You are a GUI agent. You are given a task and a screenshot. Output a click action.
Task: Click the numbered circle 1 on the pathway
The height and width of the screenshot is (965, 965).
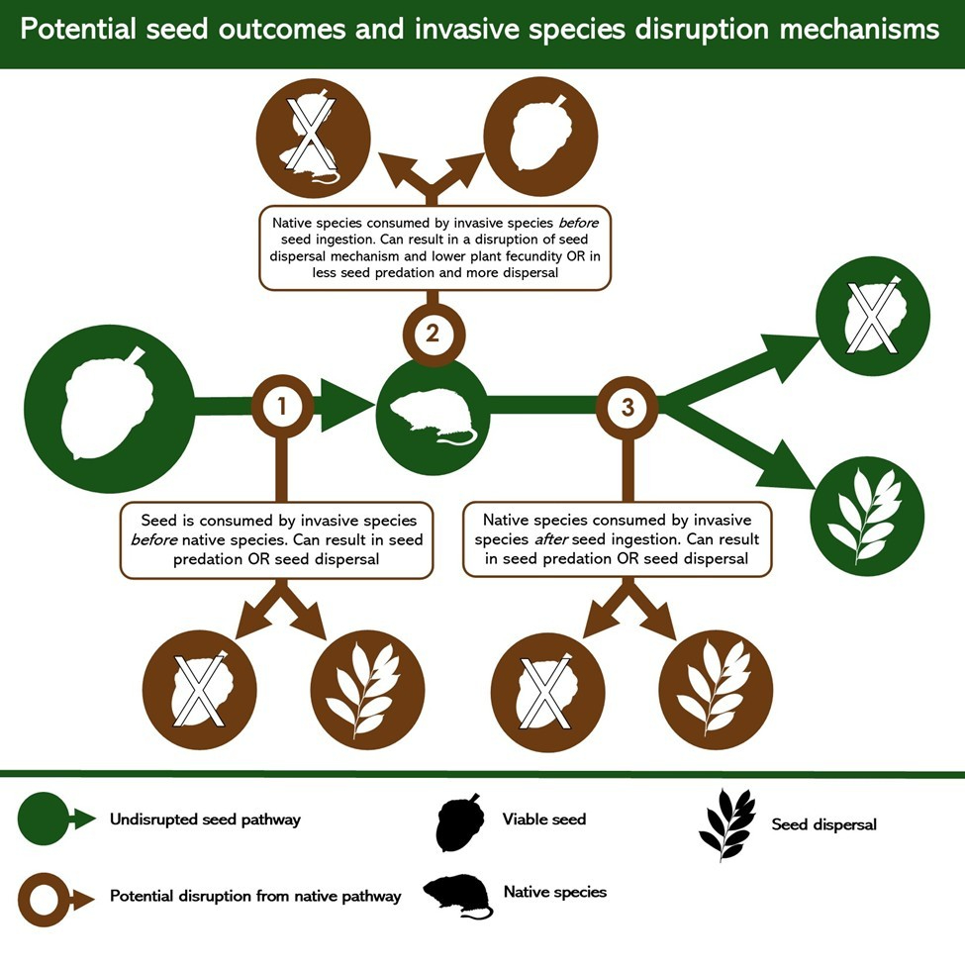pyautogui.click(x=282, y=404)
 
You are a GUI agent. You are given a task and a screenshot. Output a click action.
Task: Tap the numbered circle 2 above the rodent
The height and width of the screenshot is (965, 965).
pyautogui.click(x=432, y=334)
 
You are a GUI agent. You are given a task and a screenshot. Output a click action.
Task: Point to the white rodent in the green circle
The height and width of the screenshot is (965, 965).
pyautogui.click(x=433, y=417)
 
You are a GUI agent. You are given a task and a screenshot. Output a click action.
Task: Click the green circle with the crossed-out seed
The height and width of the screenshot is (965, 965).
pyautogui.click(x=872, y=316)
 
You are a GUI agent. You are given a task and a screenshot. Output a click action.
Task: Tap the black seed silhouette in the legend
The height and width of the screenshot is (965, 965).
pyautogui.click(x=457, y=821)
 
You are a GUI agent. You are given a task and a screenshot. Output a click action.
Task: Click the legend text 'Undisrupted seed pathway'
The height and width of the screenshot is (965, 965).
pyautogui.click(x=205, y=820)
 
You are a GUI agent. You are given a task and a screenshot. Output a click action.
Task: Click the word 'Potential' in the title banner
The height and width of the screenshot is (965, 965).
pyautogui.click(x=79, y=29)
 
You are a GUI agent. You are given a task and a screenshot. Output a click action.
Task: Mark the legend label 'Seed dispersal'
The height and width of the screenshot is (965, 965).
pyautogui.click(x=823, y=823)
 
